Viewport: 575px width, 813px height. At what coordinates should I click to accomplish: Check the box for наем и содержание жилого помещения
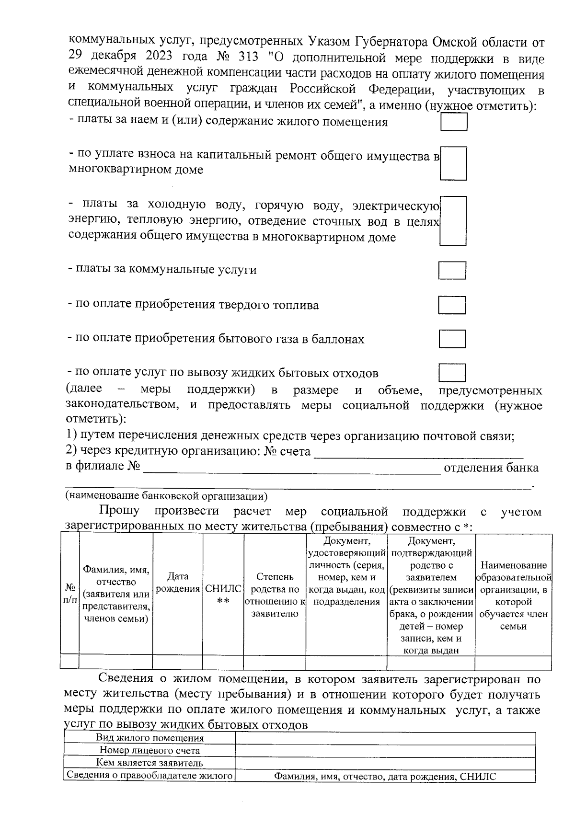tap(453, 121)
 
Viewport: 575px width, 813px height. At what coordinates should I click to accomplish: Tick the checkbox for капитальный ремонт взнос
tap(453, 163)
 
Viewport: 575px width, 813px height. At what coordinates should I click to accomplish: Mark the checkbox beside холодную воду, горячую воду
tap(453, 221)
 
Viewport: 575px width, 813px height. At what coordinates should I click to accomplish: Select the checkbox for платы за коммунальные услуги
tap(452, 270)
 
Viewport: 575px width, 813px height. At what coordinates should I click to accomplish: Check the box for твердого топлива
tap(452, 305)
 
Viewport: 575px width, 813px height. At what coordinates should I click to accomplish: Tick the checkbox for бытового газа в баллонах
tap(452, 339)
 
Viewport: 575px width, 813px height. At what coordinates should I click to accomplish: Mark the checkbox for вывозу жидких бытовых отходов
tap(452, 373)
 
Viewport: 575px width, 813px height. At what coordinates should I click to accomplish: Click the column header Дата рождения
tap(178, 583)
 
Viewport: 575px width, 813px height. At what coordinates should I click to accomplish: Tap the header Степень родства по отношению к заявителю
tap(275, 595)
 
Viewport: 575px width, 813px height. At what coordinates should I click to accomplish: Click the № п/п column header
tap(70, 593)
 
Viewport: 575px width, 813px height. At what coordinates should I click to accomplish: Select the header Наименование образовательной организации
tap(513, 595)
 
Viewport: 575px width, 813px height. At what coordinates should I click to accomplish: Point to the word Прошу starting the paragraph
tap(119, 511)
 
